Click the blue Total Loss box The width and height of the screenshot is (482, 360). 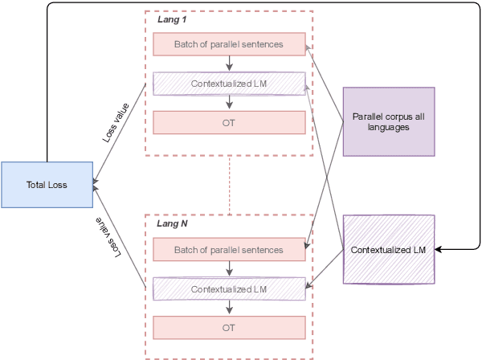point(47,185)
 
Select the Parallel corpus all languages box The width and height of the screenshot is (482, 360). point(389,121)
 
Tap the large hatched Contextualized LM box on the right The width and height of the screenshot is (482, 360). point(389,250)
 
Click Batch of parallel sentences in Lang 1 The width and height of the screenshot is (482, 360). point(229,44)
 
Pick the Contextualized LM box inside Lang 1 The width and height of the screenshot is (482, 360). point(229,84)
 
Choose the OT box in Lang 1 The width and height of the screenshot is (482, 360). point(229,122)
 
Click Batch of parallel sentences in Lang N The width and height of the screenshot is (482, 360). point(229,250)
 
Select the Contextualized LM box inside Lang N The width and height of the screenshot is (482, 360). point(229,288)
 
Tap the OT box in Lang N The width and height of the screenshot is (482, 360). point(229,328)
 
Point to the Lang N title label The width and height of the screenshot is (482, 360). point(172,224)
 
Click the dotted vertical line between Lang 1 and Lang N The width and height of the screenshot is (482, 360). point(230,184)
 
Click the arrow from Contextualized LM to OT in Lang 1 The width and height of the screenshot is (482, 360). point(230,102)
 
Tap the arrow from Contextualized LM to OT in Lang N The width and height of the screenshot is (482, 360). point(230,308)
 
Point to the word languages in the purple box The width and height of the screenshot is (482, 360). point(389,127)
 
